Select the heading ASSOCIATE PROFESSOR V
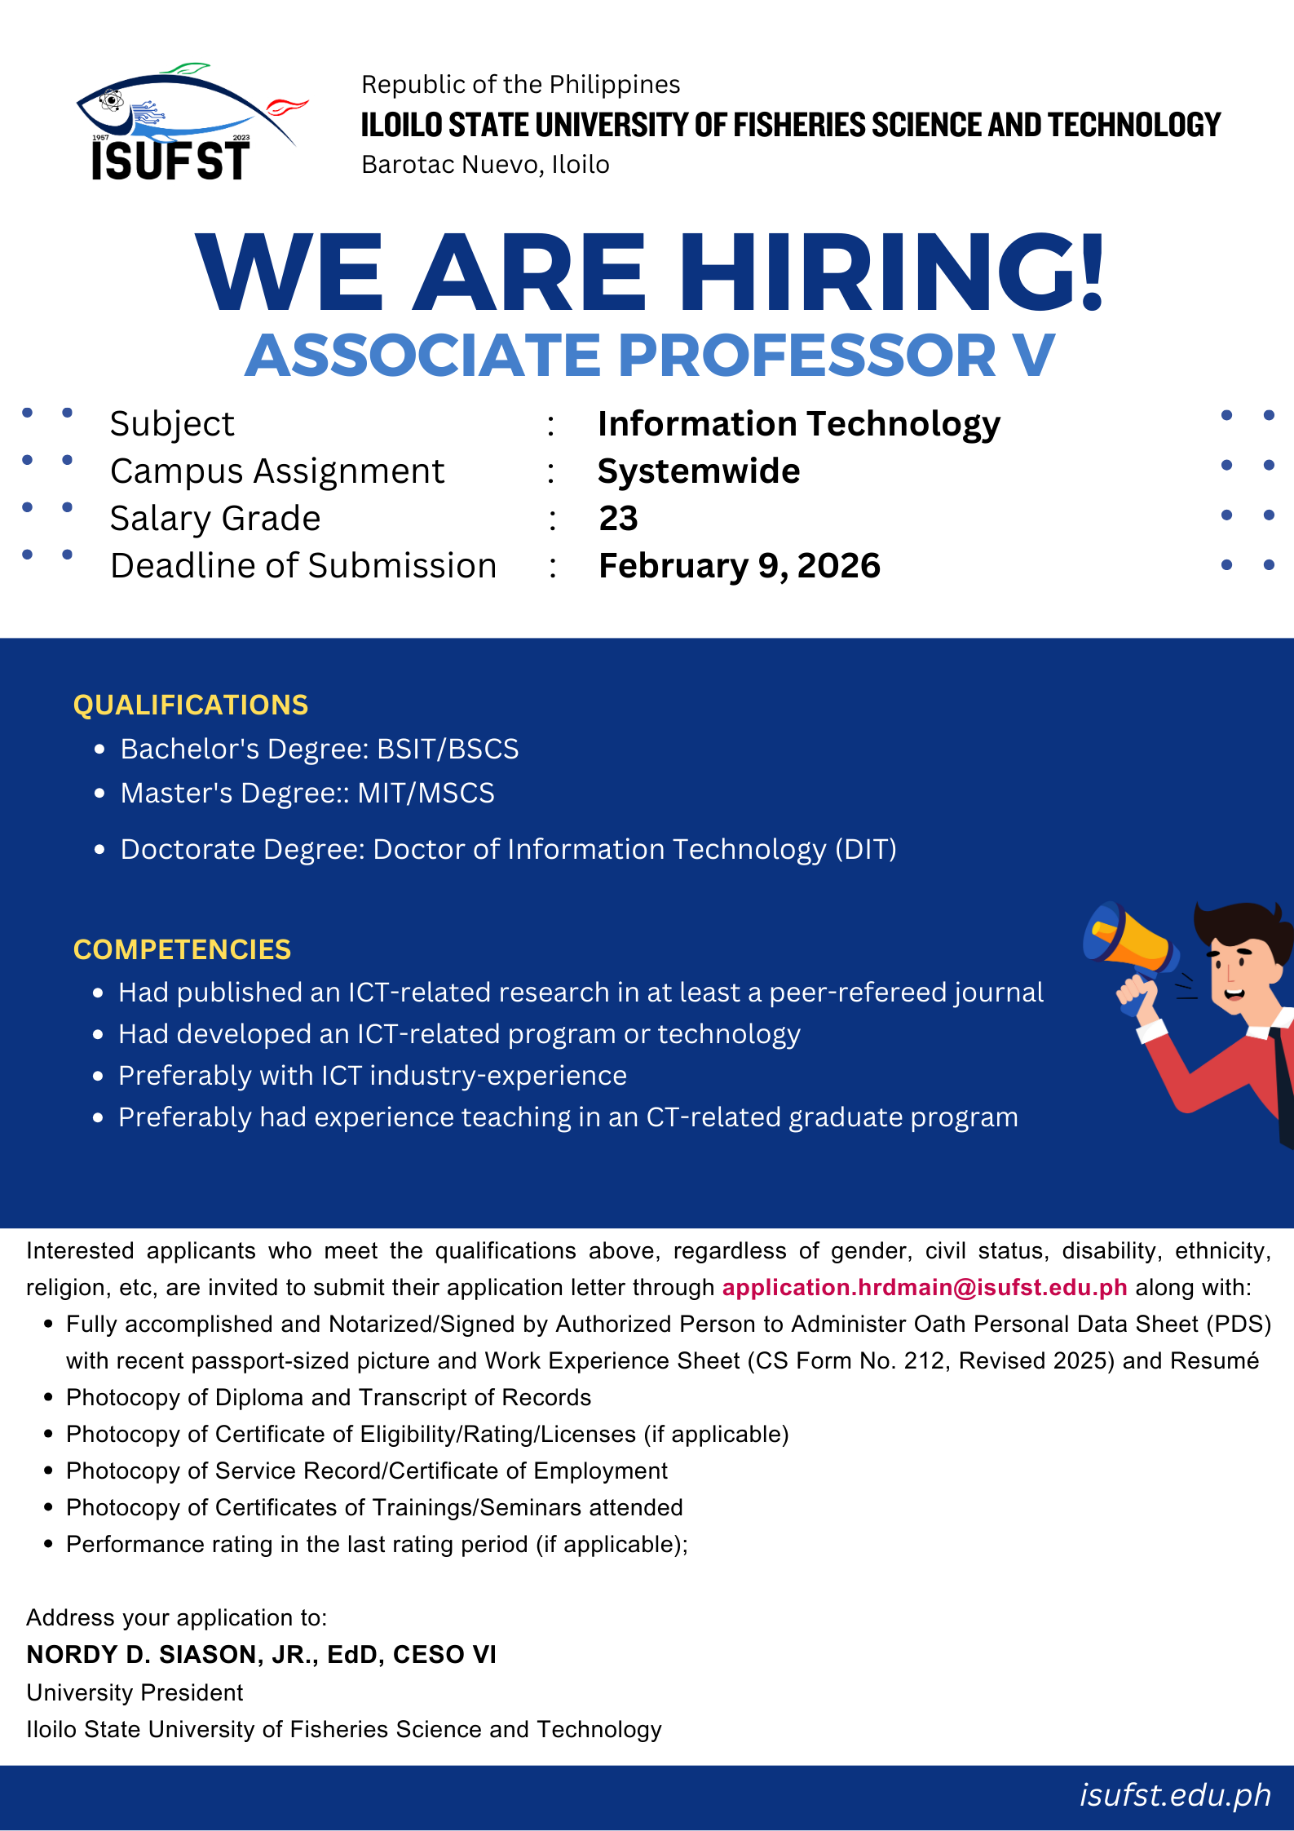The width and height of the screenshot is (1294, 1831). tap(650, 356)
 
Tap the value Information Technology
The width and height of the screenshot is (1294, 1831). tap(798, 424)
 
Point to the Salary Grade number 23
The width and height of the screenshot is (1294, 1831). tap(618, 519)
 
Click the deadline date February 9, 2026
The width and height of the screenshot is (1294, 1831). tap(739, 566)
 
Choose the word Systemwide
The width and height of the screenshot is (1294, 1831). tap(699, 471)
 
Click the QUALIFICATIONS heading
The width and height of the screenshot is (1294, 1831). tap(191, 705)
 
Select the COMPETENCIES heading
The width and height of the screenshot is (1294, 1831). tap(182, 949)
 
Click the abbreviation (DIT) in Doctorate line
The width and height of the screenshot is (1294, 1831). tap(865, 849)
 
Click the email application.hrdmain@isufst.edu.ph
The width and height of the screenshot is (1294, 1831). tap(925, 1287)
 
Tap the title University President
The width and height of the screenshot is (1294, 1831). tap(135, 1692)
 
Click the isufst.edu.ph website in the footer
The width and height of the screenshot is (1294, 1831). tap(1175, 1795)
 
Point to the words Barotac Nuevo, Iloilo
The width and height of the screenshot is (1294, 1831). tap(485, 165)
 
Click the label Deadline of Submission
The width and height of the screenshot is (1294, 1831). tap(303, 566)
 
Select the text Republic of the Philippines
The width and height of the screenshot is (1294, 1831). tap(520, 85)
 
